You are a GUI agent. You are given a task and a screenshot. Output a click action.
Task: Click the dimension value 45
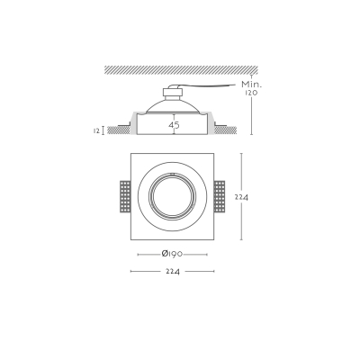[x=174, y=125]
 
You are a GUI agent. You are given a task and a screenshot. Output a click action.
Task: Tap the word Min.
[x=252, y=85]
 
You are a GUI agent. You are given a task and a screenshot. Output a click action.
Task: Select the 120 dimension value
[x=251, y=93]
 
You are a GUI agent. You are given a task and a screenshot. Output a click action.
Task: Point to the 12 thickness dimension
[x=96, y=130]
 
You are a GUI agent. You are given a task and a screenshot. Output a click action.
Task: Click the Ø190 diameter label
[x=172, y=254]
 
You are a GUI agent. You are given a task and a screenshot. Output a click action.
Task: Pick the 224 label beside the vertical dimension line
[x=241, y=197]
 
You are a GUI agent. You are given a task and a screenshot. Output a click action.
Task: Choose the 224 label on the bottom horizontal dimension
[x=173, y=272]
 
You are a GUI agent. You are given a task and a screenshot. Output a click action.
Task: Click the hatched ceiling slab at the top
[x=181, y=70]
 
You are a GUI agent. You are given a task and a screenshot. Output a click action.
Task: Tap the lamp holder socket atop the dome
[x=172, y=94]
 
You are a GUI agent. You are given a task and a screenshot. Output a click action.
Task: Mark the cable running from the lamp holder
[x=207, y=86]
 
